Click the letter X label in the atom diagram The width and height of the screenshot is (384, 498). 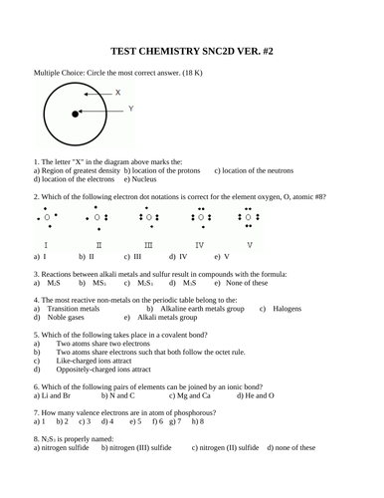[x=118, y=92]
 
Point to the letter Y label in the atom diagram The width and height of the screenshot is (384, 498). [x=131, y=108]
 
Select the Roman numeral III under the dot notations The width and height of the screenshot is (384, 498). [x=148, y=244]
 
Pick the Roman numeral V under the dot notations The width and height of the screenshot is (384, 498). [x=249, y=244]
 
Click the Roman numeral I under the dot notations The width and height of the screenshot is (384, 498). [x=45, y=244]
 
